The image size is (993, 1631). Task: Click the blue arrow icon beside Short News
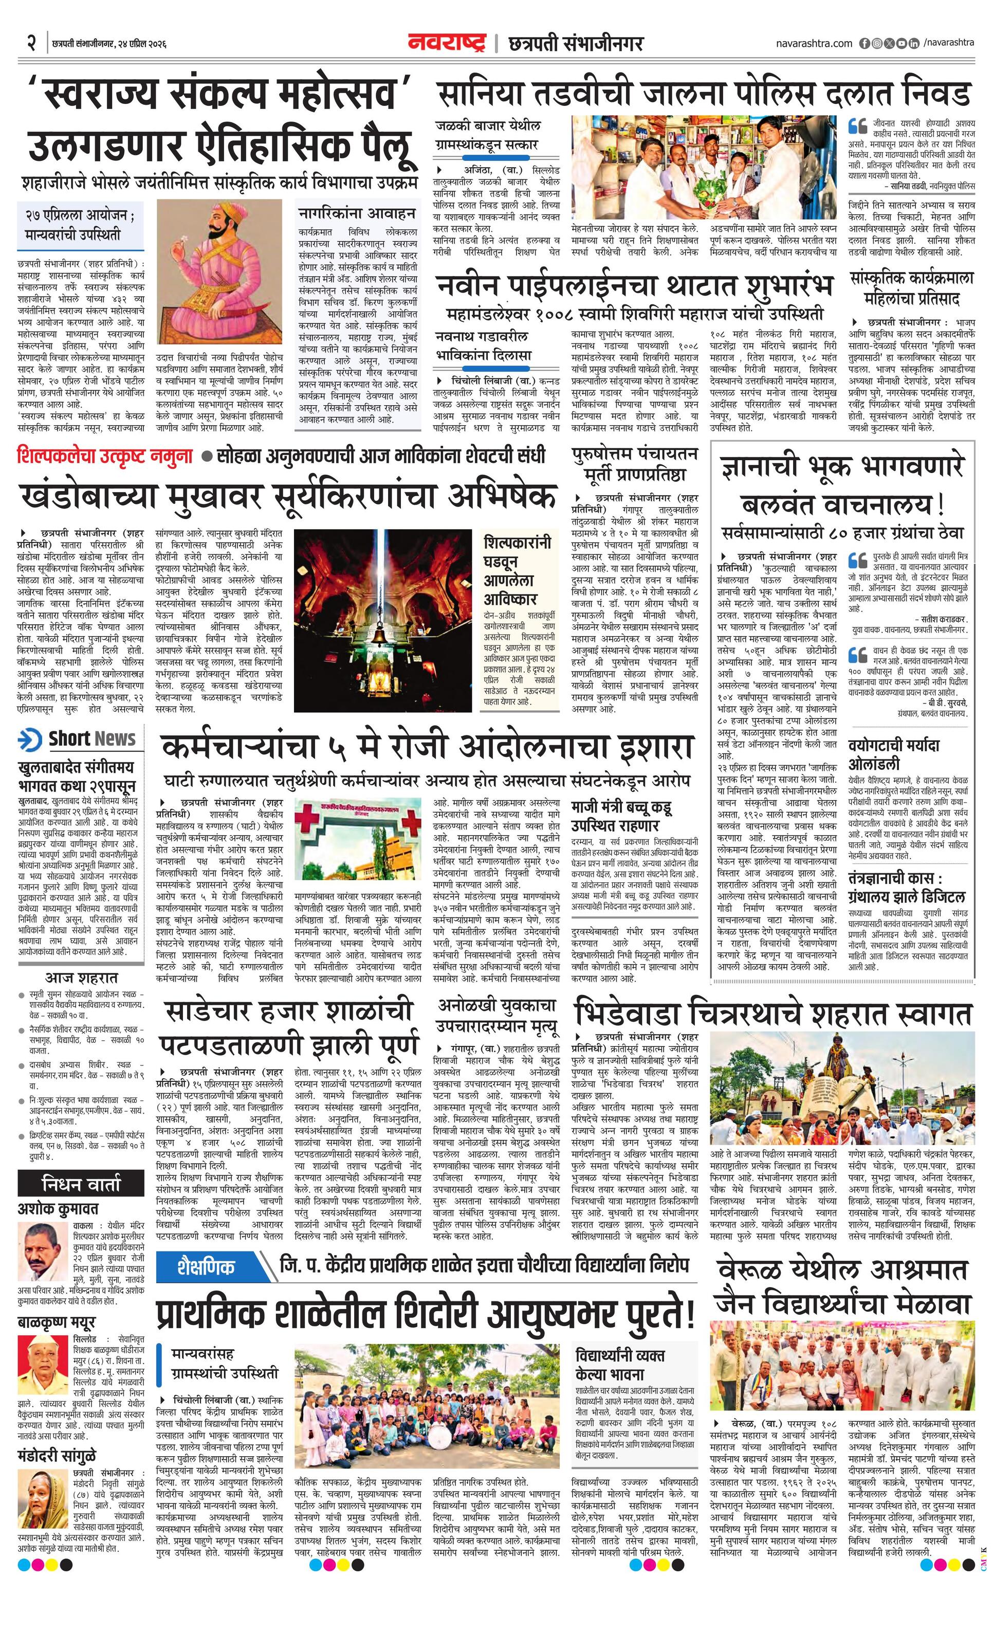point(30,739)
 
